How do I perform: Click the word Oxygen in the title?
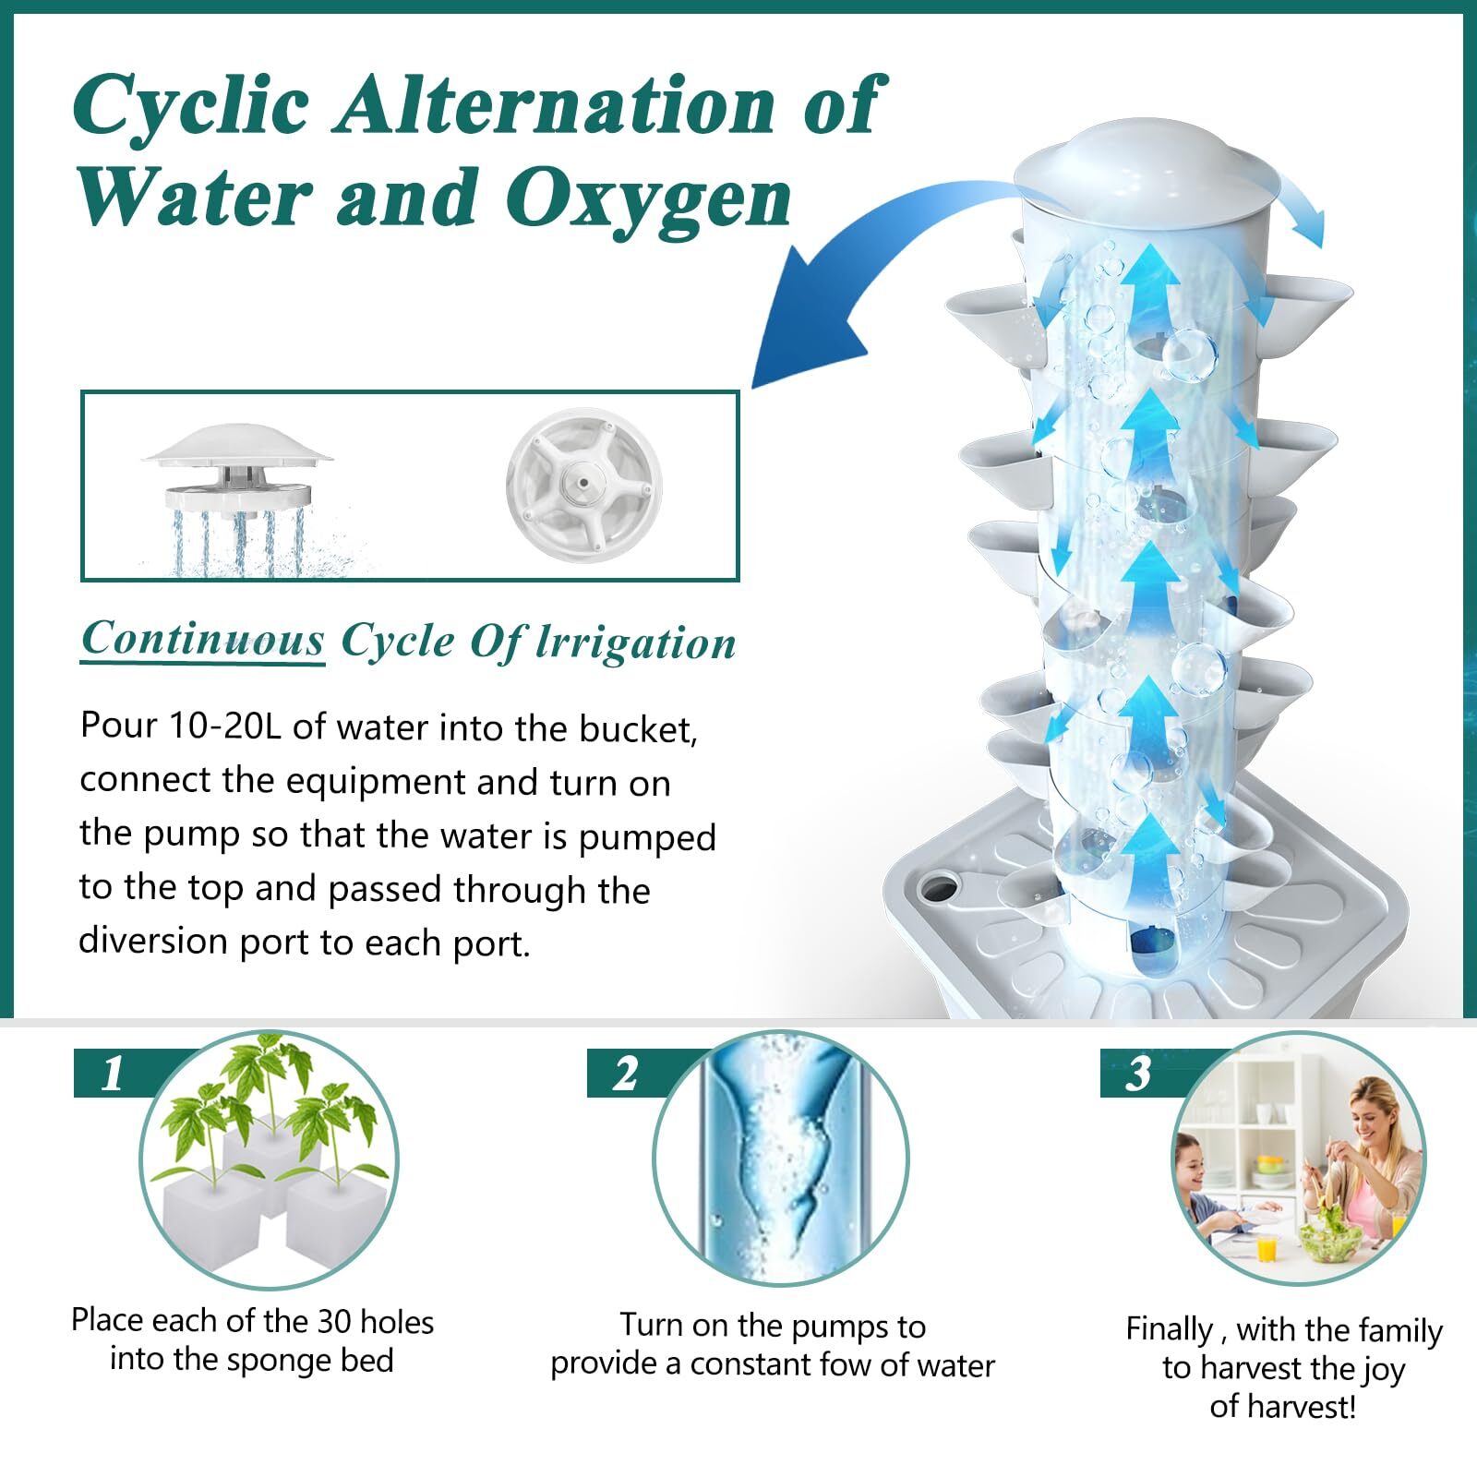(648, 198)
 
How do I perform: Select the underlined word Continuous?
(203, 639)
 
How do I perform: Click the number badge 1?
(113, 1074)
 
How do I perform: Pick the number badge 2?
(625, 1074)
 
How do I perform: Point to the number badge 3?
(1138, 1074)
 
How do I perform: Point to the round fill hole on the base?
(939, 889)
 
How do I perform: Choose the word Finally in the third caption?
(1169, 1330)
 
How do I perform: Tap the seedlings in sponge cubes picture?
(269, 1160)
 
